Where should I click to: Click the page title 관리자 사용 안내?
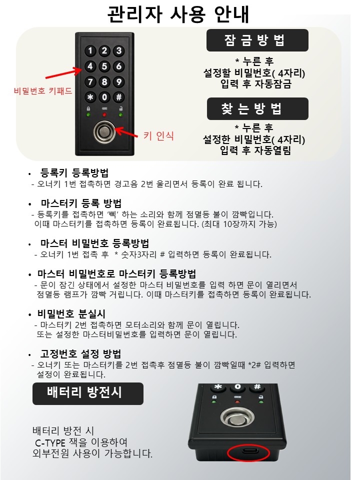(x=178, y=14)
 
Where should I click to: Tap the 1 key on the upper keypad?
(x=90, y=50)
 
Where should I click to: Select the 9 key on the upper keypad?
(x=119, y=81)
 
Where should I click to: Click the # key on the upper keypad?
(x=119, y=97)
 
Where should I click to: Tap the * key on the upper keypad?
(x=90, y=97)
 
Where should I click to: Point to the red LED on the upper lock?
(x=104, y=115)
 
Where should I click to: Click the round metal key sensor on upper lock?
(x=104, y=132)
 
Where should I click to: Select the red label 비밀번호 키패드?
(x=43, y=90)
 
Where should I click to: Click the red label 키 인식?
(x=158, y=135)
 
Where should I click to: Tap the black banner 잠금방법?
(x=257, y=40)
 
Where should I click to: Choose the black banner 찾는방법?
(x=257, y=108)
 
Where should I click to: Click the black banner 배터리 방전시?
(x=88, y=393)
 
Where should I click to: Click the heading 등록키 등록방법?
(x=74, y=173)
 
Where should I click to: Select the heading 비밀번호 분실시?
(x=71, y=314)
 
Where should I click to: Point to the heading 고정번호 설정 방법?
(x=81, y=354)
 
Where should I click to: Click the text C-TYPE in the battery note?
(x=50, y=442)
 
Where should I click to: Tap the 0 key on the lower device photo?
(x=238, y=387)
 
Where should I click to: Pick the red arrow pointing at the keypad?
(x=64, y=73)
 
